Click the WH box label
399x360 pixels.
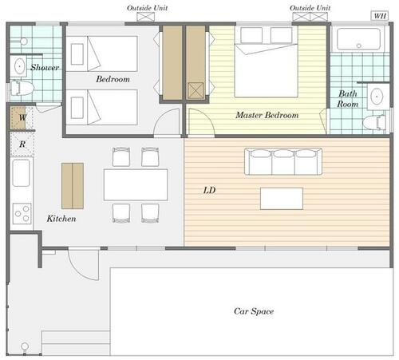(380, 16)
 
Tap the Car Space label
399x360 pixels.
(254, 311)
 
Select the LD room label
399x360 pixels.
(209, 190)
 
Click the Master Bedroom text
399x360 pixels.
(267, 115)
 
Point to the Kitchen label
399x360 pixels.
(61, 219)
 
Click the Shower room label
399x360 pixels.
(45, 67)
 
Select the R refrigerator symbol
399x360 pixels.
(22, 144)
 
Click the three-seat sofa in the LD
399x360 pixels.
(283, 161)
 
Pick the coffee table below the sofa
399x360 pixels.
(282, 199)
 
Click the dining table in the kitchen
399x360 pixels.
(136, 184)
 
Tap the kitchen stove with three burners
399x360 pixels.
(22, 213)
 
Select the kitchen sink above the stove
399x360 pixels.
(21, 173)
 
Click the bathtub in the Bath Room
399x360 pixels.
(358, 39)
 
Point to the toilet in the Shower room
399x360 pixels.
(22, 88)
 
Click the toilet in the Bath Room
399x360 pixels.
(374, 123)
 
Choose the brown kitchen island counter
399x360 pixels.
(73, 186)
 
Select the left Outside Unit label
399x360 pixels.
(148, 8)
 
